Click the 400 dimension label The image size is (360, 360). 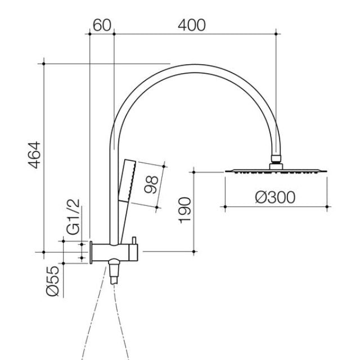click(192, 25)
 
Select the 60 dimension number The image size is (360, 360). click(101, 25)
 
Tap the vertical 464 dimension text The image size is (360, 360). click(35, 156)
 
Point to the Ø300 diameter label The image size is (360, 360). click(274, 197)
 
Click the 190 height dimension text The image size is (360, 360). click(186, 210)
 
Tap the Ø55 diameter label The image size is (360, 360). click(52, 281)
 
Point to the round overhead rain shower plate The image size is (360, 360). click(275, 170)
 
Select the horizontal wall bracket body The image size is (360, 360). click(112, 251)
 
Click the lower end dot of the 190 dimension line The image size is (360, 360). click(194, 251)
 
